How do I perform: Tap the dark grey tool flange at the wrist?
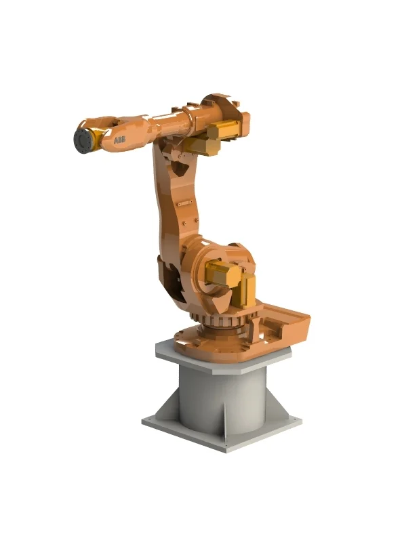coord(83,140)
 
